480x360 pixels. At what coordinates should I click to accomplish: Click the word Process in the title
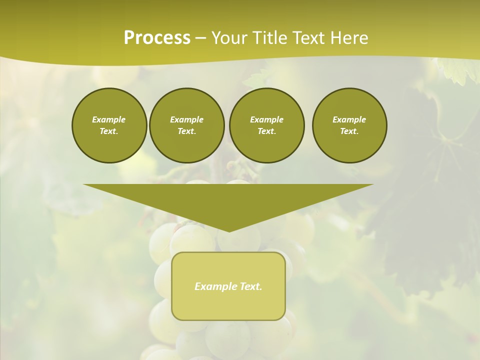(157, 38)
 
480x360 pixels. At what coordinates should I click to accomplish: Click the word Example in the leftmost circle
(108, 119)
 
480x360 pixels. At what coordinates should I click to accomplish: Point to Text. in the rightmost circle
(349, 131)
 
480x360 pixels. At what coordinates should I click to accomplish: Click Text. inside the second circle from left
(187, 131)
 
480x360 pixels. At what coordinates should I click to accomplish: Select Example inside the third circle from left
(266, 119)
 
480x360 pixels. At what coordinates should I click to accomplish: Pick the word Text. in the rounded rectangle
(251, 286)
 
